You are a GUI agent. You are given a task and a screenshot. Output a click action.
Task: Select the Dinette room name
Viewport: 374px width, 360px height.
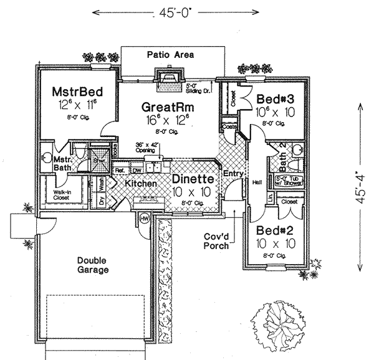tap(193, 179)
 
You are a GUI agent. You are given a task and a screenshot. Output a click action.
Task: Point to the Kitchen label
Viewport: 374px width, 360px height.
tap(141, 184)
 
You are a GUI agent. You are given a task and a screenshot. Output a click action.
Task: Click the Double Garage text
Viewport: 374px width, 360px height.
tap(93, 265)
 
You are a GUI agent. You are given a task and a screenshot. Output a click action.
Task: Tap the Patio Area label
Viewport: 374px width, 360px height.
tap(170, 55)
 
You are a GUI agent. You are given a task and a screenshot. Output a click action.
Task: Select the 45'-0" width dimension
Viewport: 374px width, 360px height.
tap(168, 11)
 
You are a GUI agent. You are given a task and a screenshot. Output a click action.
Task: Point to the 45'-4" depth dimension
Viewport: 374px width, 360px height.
tap(363, 187)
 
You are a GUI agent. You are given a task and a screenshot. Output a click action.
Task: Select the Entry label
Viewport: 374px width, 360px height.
tap(232, 173)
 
